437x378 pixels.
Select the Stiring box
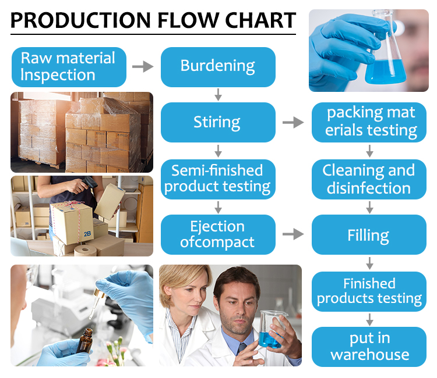pyautogui.click(x=217, y=122)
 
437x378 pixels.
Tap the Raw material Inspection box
pyautogui.click(x=68, y=66)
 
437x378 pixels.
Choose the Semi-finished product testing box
pyautogui.click(x=217, y=179)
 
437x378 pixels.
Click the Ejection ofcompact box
pyautogui.click(x=217, y=234)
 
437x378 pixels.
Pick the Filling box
pyautogui.click(x=368, y=236)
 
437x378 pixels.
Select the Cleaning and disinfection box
pyautogui.click(x=368, y=179)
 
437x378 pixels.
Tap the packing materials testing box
pyautogui.click(x=368, y=122)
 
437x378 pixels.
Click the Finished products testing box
pyautogui.click(x=368, y=291)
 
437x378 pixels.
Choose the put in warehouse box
pyautogui.click(x=368, y=347)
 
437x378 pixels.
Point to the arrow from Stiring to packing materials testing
pyautogui.click(x=293, y=123)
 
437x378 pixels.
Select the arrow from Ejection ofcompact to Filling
pyautogui.click(x=293, y=234)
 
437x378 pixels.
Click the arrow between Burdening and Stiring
pyautogui.click(x=218, y=94)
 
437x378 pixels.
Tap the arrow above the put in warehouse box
pyautogui.click(x=369, y=319)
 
